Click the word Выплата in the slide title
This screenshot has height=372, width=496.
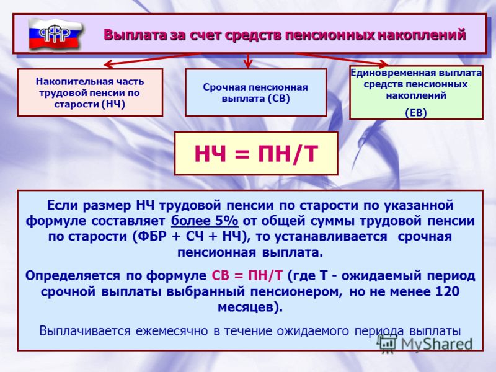tap(135, 35)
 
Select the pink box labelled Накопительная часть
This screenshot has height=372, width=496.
tap(90, 92)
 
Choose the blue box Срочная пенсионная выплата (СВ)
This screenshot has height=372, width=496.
tap(255, 92)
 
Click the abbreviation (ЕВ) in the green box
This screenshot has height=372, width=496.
tap(416, 113)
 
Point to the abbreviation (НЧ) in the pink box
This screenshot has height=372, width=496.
tap(113, 104)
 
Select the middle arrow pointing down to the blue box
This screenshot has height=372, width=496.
tap(248, 60)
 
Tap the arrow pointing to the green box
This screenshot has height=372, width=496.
tap(342, 60)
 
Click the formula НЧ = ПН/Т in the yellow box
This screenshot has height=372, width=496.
tap(256, 154)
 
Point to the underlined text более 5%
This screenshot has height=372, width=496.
tap(205, 221)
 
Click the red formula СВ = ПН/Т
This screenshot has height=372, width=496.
tap(247, 275)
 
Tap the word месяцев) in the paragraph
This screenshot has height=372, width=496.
tap(250, 307)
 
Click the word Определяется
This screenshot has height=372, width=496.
tap(73, 276)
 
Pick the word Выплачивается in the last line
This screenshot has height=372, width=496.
tap(85, 331)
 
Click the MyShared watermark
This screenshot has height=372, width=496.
tap(425, 343)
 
